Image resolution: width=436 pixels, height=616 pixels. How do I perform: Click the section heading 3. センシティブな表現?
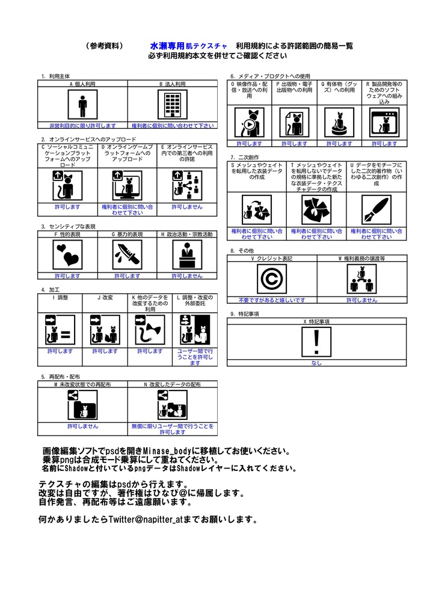click(x=69, y=226)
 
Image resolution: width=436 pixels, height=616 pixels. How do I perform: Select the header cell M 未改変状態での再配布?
click(x=82, y=384)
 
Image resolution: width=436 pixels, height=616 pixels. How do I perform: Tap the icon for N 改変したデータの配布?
click(x=172, y=404)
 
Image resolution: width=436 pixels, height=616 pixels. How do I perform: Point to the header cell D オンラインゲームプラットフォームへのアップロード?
click(x=127, y=155)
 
